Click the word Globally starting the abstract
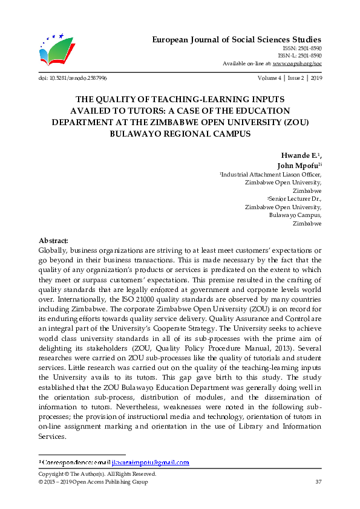[x=54, y=250]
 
